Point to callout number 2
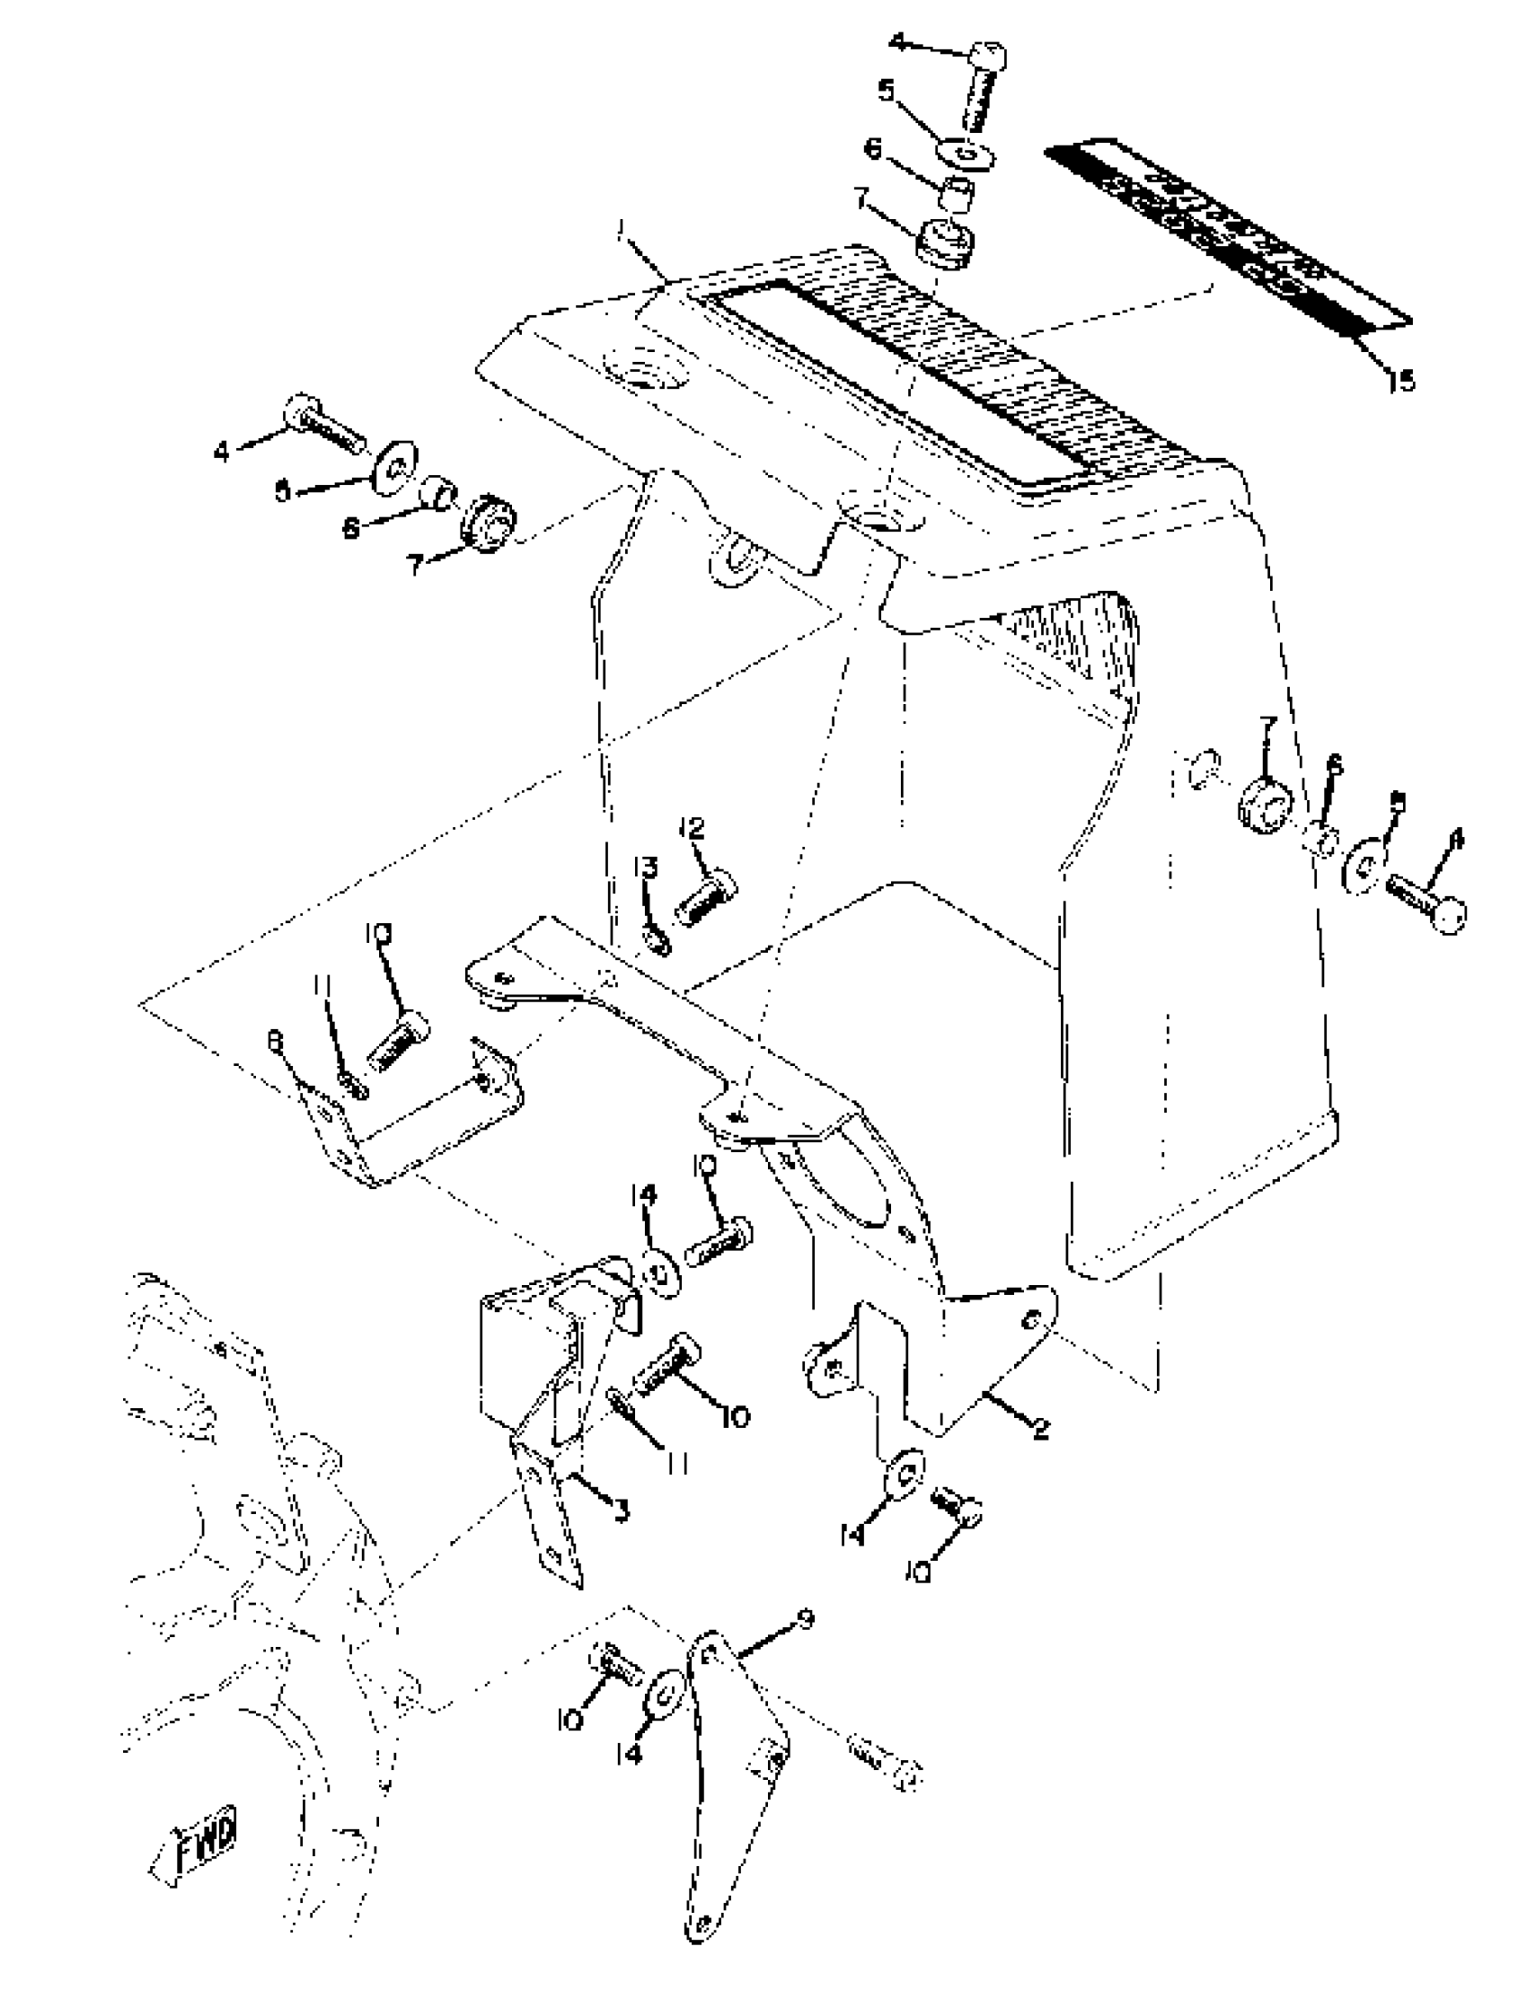1042,1430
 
